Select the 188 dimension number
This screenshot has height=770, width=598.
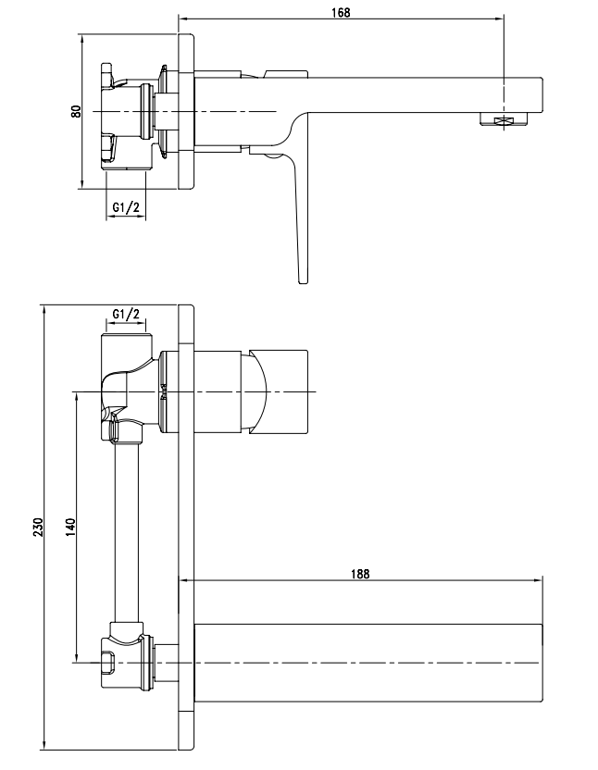pos(360,574)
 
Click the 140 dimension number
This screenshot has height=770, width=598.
pos(69,528)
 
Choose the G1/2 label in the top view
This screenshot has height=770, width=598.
pos(126,207)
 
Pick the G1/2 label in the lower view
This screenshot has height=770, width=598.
pos(126,315)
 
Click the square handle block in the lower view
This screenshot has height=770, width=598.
pos(278,391)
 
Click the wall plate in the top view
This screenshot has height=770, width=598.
pos(185,111)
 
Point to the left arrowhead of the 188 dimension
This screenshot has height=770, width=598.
pos(180,581)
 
